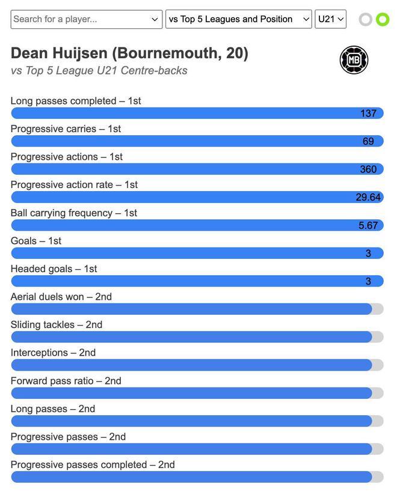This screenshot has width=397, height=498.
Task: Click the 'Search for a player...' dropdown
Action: click(x=86, y=19)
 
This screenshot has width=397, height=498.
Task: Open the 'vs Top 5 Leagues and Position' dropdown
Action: click(x=238, y=19)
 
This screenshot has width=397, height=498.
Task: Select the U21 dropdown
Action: click(x=330, y=19)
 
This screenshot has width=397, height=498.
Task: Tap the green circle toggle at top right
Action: click(x=383, y=19)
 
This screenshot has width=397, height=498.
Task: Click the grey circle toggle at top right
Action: click(x=365, y=19)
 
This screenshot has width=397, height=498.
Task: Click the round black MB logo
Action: click(x=354, y=60)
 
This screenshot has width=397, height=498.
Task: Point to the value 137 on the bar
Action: click(x=368, y=113)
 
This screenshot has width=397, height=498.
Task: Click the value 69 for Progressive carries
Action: click(x=368, y=141)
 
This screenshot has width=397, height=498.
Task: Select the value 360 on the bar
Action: click(x=368, y=169)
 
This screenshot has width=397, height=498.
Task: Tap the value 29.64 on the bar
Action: click(x=368, y=197)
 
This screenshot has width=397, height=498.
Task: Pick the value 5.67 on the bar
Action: click(x=368, y=225)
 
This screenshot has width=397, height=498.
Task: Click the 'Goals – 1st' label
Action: click(x=36, y=241)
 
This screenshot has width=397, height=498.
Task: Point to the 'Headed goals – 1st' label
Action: click(x=54, y=269)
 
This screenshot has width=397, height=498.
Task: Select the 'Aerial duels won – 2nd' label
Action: click(x=61, y=297)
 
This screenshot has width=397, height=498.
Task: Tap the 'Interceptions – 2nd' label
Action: click(x=53, y=353)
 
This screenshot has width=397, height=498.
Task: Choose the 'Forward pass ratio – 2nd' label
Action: click(x=66, y=381)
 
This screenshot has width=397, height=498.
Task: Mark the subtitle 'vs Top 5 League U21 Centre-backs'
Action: click(x=99, y=71)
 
